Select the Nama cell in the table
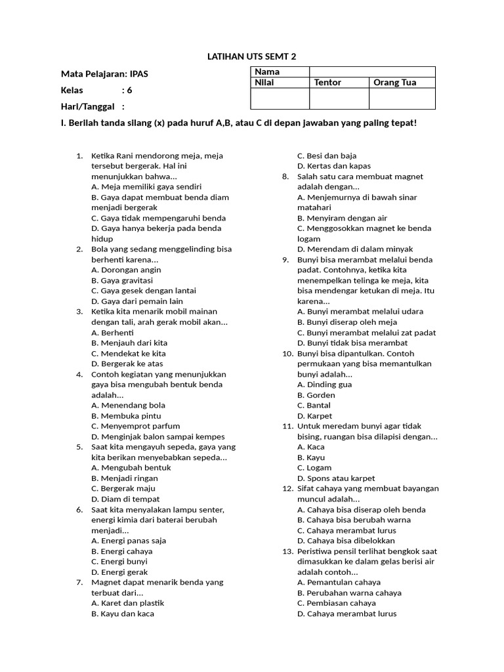(267, 72)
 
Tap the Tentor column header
(327, 83)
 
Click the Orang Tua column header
(395, 83)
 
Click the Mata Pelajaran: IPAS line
(104, 74)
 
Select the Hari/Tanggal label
(87, 106)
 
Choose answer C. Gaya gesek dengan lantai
(144, 291)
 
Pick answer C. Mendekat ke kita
(129, 353)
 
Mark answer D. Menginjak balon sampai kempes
(158, 436)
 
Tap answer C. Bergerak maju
(123, 488)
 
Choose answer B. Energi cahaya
(122, 551)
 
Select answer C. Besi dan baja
(327, 156)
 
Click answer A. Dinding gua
(324, 385)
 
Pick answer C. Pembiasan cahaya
(337, 603)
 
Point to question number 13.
(287, 551)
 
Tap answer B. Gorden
(316, 395)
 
